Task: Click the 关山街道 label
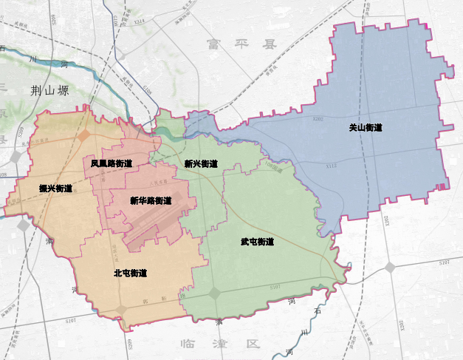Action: [366, 128]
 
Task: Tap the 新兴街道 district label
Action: [201, 164]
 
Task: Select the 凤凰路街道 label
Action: [112, 163]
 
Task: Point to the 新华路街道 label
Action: [151, 200]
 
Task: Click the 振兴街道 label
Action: [56, 189]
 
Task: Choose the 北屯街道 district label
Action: [130, 273]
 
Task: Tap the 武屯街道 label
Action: [257, 242]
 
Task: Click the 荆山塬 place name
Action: [50, 91]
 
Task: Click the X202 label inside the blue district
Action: [318, 118]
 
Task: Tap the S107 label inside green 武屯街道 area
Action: [275, 287]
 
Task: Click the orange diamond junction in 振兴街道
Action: [85, 135]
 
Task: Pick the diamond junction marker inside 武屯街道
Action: [215, 293]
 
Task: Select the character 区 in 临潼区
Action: [255, 344]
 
